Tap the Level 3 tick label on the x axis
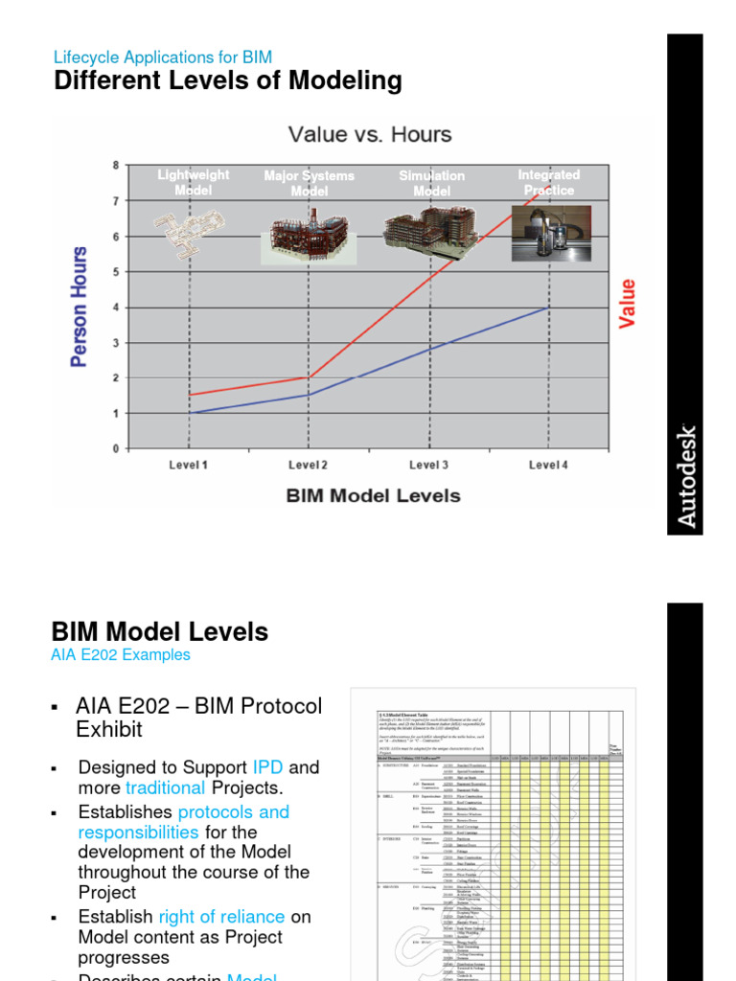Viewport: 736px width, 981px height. click(428, 465)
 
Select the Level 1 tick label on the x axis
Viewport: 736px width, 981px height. click(188, 465)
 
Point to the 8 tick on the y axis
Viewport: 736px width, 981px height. click(116, 165)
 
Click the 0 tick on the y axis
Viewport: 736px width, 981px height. click(116, 448)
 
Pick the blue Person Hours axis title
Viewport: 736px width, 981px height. click(80, 307)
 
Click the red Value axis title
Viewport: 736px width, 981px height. click(628, 304)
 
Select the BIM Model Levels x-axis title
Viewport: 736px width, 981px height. click(373, 496)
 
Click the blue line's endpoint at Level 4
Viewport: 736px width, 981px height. click(548, 308)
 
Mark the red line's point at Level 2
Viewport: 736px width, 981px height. click(309, 377)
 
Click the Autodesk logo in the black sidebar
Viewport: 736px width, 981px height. click(686, 475)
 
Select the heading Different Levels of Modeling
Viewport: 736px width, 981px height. click(228, 80)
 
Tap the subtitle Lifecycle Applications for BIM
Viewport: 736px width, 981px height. click(163, 57)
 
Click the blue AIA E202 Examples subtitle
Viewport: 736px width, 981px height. click(121, 655)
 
